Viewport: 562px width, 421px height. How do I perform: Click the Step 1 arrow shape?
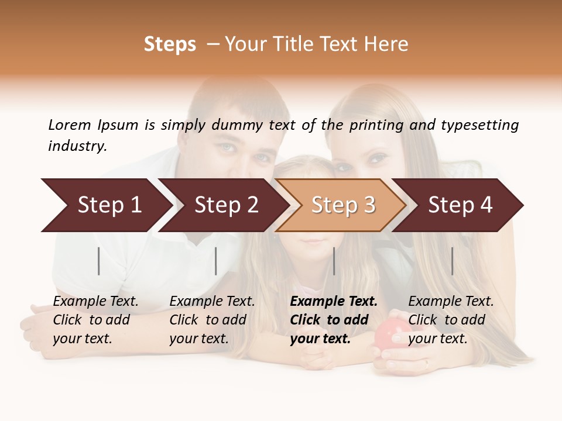108,205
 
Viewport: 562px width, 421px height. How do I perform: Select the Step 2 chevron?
225,205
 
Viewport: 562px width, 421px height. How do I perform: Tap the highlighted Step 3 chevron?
342,205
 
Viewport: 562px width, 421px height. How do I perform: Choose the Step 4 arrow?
460,205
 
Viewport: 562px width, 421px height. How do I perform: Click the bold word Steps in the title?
170,44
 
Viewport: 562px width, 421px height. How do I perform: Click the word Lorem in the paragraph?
70,125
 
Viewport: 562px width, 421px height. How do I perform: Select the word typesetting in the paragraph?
479,125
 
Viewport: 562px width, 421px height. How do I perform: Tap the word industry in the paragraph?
77,146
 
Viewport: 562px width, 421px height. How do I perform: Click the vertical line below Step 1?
99,261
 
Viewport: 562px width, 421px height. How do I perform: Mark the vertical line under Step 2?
216,261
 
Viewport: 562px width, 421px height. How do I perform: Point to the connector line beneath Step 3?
334,261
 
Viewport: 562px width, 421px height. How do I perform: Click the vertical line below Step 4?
452,261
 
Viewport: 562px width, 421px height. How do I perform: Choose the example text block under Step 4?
451,320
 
